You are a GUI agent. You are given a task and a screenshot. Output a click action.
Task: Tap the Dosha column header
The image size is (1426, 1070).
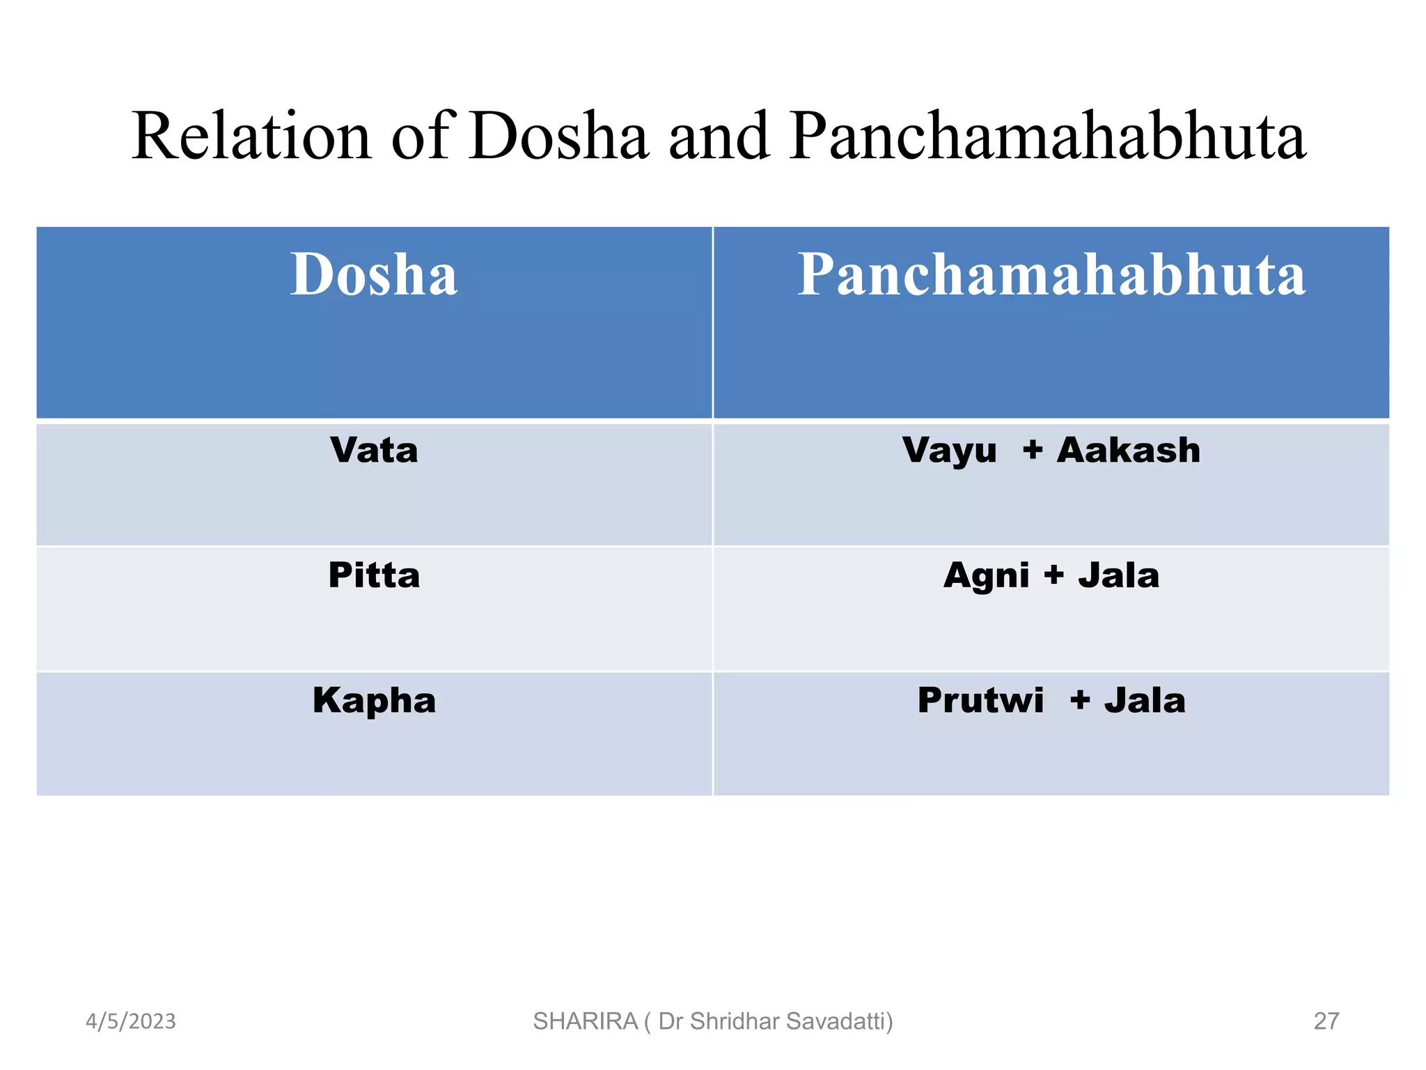click(x=374, y=274)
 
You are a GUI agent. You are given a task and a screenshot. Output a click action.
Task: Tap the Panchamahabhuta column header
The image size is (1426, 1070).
click(x=1051, y=274)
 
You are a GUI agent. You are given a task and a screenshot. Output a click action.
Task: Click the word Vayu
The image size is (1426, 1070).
click(x=949, y=451)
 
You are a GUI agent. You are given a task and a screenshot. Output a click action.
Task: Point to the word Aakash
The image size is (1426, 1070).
click(x=1129, y=451)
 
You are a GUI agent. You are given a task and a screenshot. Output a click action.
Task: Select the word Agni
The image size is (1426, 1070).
click(x=986, y=576)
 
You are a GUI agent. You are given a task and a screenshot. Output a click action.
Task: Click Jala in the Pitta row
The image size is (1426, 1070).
click(x=1119, y=576)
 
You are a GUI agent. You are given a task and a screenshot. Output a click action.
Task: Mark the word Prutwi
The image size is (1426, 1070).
click(x=980, y=700)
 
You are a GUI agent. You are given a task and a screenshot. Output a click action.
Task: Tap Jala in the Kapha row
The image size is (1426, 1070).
click(x=1145, y=700)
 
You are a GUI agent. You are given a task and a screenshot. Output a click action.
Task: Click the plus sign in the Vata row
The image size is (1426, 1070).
click(x=1033, y=451)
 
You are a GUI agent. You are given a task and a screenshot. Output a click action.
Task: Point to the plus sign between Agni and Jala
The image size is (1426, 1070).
click(x=1054, y=575)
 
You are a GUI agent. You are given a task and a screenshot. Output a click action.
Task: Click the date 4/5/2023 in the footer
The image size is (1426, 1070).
click(x=131, y=1021)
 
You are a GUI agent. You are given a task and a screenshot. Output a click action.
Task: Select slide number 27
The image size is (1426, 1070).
click(x=1326, y=1021)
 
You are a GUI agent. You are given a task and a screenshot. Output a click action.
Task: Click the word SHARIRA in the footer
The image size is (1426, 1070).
click(x=585, y=1021)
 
